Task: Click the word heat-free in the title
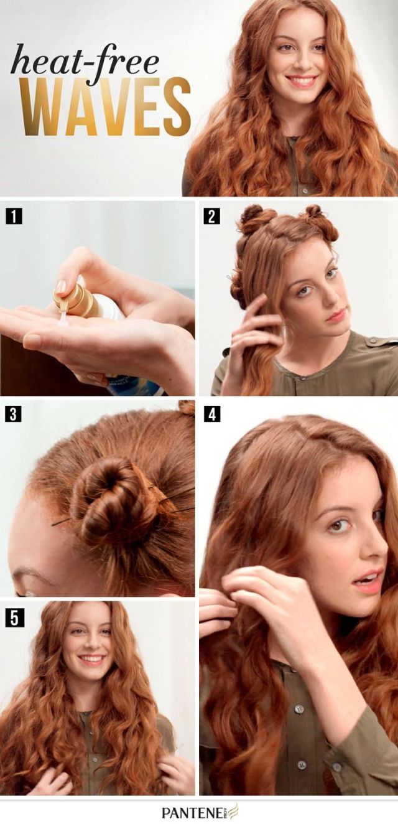[85, 60]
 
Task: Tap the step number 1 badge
[14, 216]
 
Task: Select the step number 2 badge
[211, 216]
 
